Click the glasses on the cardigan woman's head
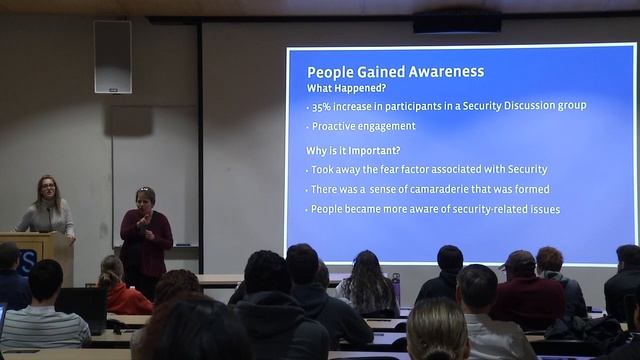click(x=144, y=189)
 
